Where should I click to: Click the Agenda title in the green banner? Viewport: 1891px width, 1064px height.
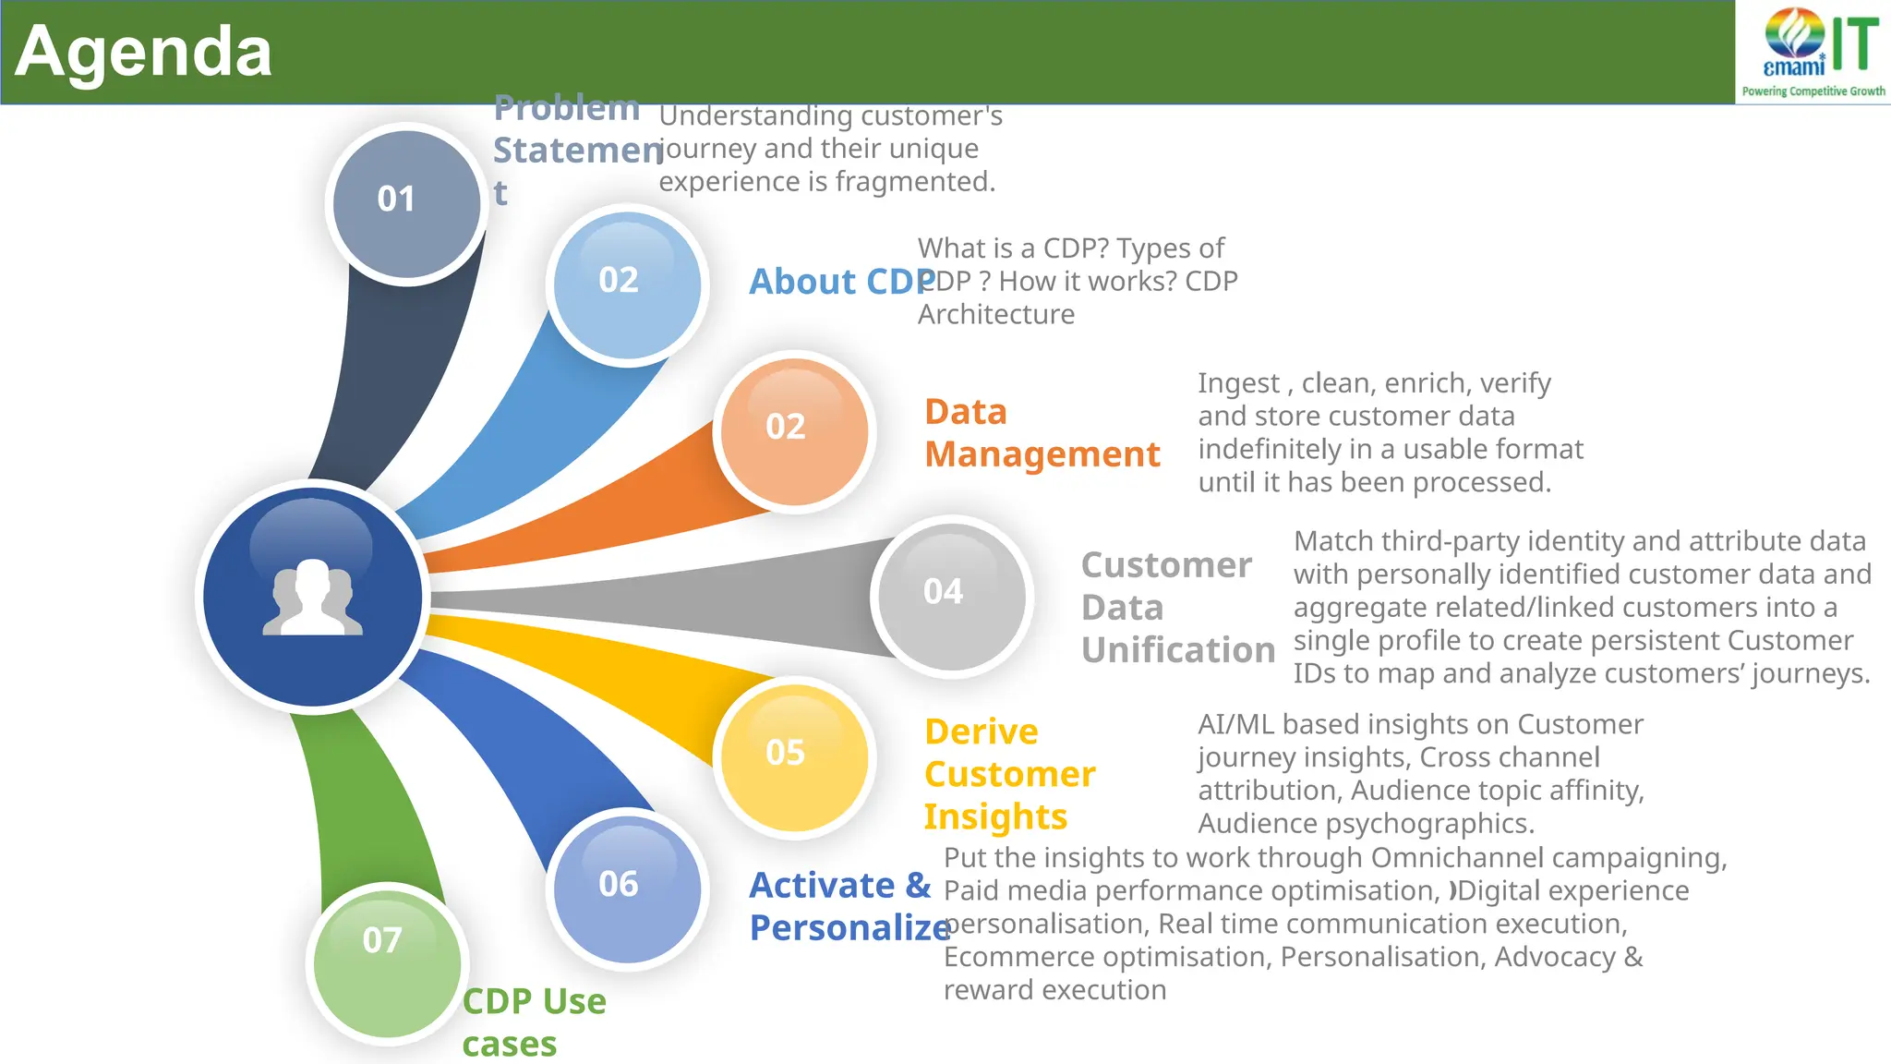(143, 52)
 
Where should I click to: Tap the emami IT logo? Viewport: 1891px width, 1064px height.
(1813, 52)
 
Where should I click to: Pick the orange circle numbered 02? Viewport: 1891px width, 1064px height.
(794, 430)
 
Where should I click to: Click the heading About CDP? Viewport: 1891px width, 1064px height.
(840, 282)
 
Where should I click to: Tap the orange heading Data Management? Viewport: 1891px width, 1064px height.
(1042, 433)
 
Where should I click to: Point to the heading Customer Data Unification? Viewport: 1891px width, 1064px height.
(1177, 607)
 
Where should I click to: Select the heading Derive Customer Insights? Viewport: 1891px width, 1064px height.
(1009, 774)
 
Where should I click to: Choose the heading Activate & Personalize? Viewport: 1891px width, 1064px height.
(848, 906)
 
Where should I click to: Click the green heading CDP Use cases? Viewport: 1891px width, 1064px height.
(534, 1022)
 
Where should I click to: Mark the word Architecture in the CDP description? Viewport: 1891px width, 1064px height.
(996, 315)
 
